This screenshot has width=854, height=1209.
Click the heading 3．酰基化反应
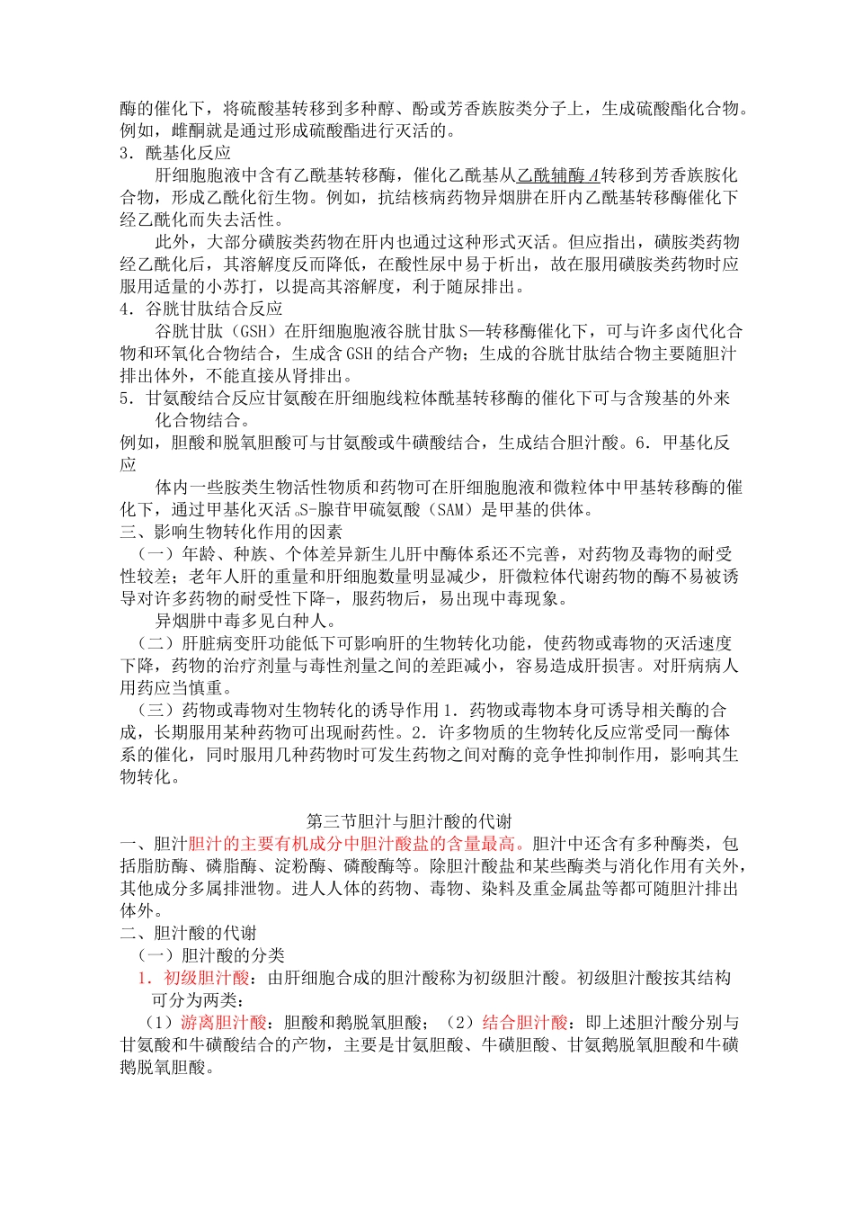tap(175, 153)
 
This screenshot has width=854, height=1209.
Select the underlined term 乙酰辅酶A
tap(557, 175)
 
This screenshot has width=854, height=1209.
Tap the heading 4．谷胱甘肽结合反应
tap(201, 309)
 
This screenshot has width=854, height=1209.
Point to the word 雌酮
tap(188, 131)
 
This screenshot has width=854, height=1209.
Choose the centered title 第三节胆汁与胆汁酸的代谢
tap(409, 821)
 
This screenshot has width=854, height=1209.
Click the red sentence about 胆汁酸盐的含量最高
tap(357, 844)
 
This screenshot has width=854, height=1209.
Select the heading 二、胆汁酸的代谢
tap(189, 933)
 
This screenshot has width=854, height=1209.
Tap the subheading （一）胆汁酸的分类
tap(210, 955)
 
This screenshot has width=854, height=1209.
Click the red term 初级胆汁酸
tap(206, 978)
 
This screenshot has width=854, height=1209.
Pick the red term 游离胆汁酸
tap(224, 1023)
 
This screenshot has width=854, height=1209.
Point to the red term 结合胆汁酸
tap(525, 1023)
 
